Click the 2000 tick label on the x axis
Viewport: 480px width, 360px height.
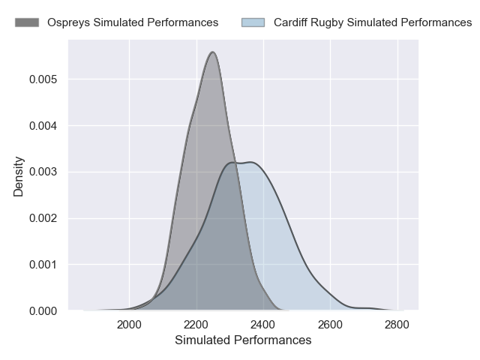129,325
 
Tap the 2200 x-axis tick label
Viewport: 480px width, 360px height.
196,325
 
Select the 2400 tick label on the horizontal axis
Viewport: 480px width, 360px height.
263,325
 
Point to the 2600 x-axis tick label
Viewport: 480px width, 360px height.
330,325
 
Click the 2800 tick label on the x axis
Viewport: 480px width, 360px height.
397,325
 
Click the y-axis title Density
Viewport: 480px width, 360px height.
19,176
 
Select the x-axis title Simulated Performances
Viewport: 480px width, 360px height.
243,340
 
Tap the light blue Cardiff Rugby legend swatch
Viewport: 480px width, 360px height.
253,22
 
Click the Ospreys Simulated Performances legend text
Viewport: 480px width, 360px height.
133,22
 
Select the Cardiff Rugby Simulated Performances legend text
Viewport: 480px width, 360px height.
373,22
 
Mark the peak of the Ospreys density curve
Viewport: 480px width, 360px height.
213,52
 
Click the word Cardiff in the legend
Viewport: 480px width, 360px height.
290,22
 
